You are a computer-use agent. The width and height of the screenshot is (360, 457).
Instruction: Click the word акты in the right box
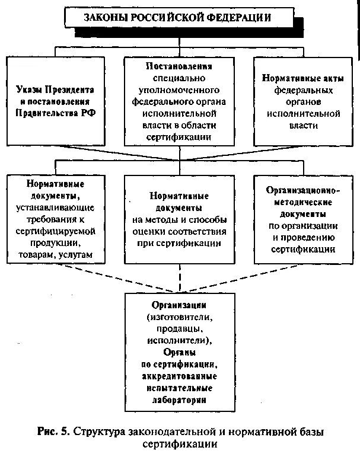pyautogui.click(x=317, y=78)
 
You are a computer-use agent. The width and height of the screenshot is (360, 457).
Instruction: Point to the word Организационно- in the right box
pyautogui.click(x=302, y=191)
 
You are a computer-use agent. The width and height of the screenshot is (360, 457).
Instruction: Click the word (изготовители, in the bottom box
pyautogui.click(x=178, y=318)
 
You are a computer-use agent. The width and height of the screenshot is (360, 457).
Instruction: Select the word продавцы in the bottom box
pyautogui.click(x=178, y=330)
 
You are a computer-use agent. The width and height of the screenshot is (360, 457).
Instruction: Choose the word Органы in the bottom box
pyautogui.click(x=178, y=353)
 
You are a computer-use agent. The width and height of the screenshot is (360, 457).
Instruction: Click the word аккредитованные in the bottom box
pyautogui.click(x=178, y=376)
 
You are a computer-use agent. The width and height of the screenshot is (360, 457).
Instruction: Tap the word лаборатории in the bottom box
pyautogui.click(x=178, y=400)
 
